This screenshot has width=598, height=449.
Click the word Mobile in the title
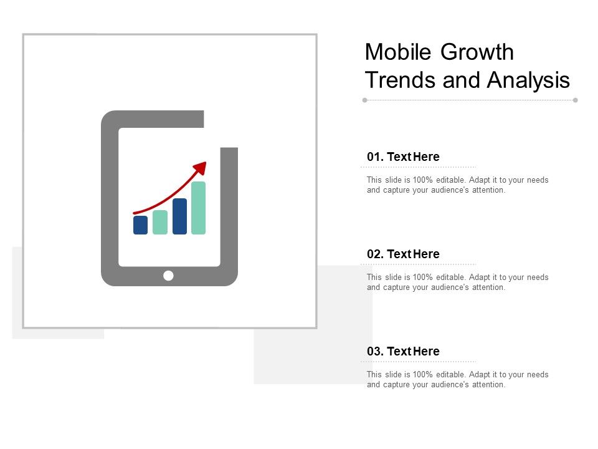click(399, 52)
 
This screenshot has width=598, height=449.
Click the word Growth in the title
click(477, 52)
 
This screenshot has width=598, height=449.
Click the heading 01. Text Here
click(403, 157)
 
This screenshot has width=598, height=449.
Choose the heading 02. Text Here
click(403, 254)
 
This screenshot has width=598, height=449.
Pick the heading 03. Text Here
click(403, 352)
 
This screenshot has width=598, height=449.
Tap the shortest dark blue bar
click(140, 225)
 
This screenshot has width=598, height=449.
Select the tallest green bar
click(198, 208)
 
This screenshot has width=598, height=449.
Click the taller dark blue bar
click(179, 216)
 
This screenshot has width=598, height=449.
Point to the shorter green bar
click(159, 223)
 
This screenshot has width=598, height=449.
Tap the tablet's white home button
click(168, 276)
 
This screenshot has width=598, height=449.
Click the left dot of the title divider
click(364, 100)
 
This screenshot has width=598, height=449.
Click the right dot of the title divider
click(575, 100)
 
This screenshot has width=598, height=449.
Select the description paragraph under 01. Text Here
click(457, 185)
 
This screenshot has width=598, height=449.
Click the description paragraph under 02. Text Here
click(457, 282)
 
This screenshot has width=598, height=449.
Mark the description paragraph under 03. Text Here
click(457, 380)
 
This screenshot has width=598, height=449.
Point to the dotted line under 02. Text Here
click(419, 264)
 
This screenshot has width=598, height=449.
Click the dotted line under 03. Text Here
click(419, 362)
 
